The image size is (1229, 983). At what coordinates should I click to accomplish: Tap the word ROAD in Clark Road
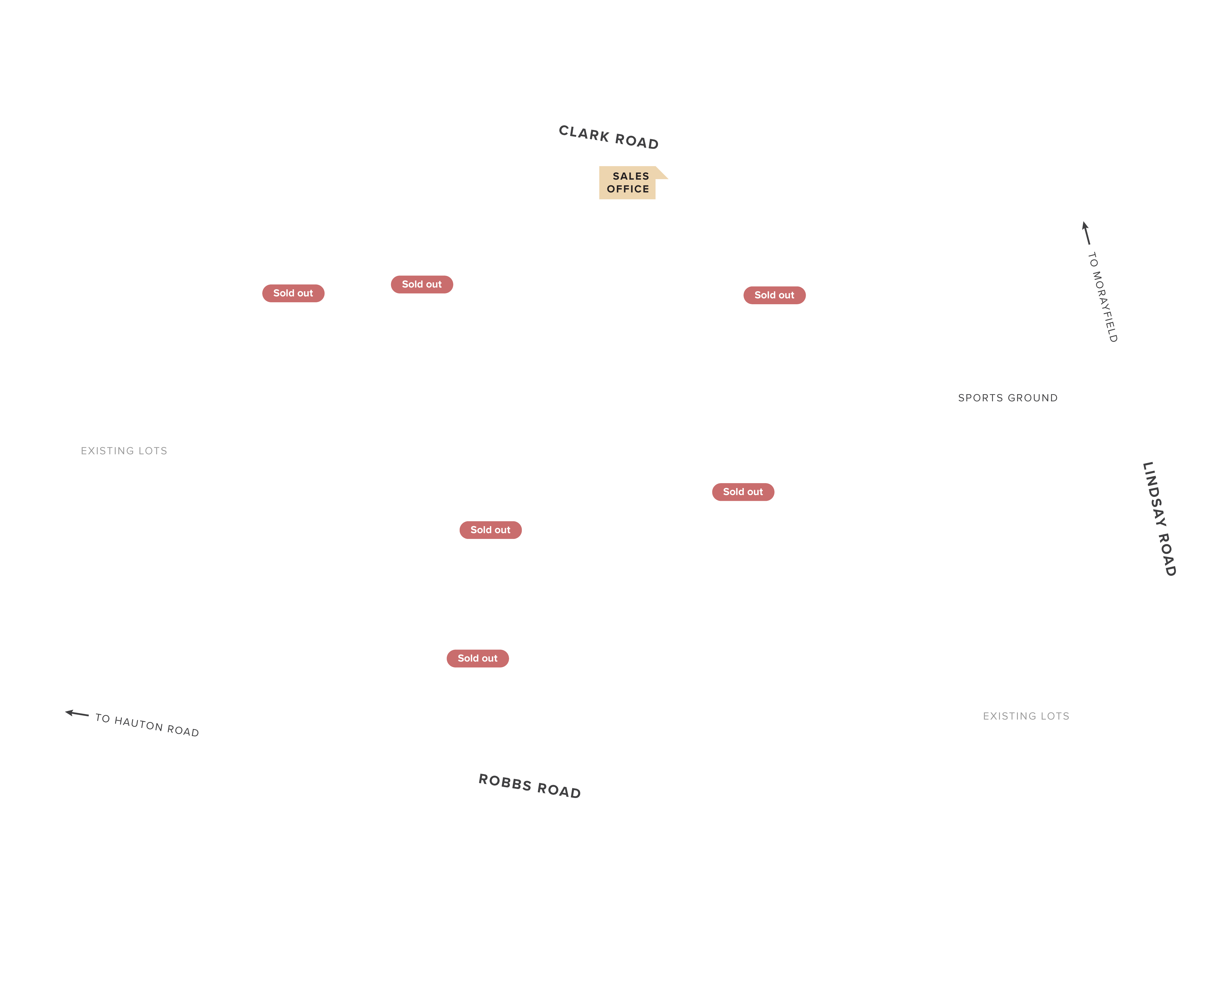pyautogui.click(x=637, y=141)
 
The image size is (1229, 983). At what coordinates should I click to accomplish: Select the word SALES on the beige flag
pyautogui.click(x=630, y=176)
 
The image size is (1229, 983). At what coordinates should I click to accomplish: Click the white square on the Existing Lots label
pyautogui.click(x=1026, y=716)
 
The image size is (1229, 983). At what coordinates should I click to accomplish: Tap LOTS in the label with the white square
pyautogui.click(x=1055, y=716)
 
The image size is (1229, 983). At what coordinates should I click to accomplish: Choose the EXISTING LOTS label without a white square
pyautogui.click(x=124, y=451)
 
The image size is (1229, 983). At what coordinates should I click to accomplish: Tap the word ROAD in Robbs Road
pyautogui.click(x=559, y=791)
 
